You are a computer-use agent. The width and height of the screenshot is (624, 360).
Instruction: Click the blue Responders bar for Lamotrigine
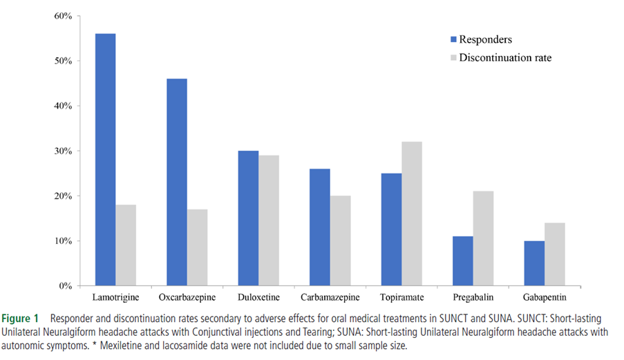point(105,160)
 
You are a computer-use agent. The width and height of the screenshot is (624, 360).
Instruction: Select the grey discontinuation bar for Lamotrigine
point(126,245)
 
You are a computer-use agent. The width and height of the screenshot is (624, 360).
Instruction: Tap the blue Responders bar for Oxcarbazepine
point(176,182)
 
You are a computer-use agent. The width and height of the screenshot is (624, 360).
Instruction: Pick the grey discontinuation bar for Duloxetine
point(269,220)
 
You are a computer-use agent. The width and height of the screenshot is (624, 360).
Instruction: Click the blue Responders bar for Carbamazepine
point(319,227)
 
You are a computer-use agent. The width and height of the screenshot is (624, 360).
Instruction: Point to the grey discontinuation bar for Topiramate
point(412,214)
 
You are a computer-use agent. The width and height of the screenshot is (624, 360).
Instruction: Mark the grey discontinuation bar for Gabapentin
point(555,254)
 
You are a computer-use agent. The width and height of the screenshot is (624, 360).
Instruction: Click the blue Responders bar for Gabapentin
point(534,263)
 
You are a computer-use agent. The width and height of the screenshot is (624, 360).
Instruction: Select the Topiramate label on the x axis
point(401,298)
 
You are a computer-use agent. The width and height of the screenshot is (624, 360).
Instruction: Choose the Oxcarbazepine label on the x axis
point(187,298)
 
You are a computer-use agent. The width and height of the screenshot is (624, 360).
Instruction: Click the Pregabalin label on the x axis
point(473,298)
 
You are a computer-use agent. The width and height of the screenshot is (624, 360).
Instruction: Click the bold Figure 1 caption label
point(24,319)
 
